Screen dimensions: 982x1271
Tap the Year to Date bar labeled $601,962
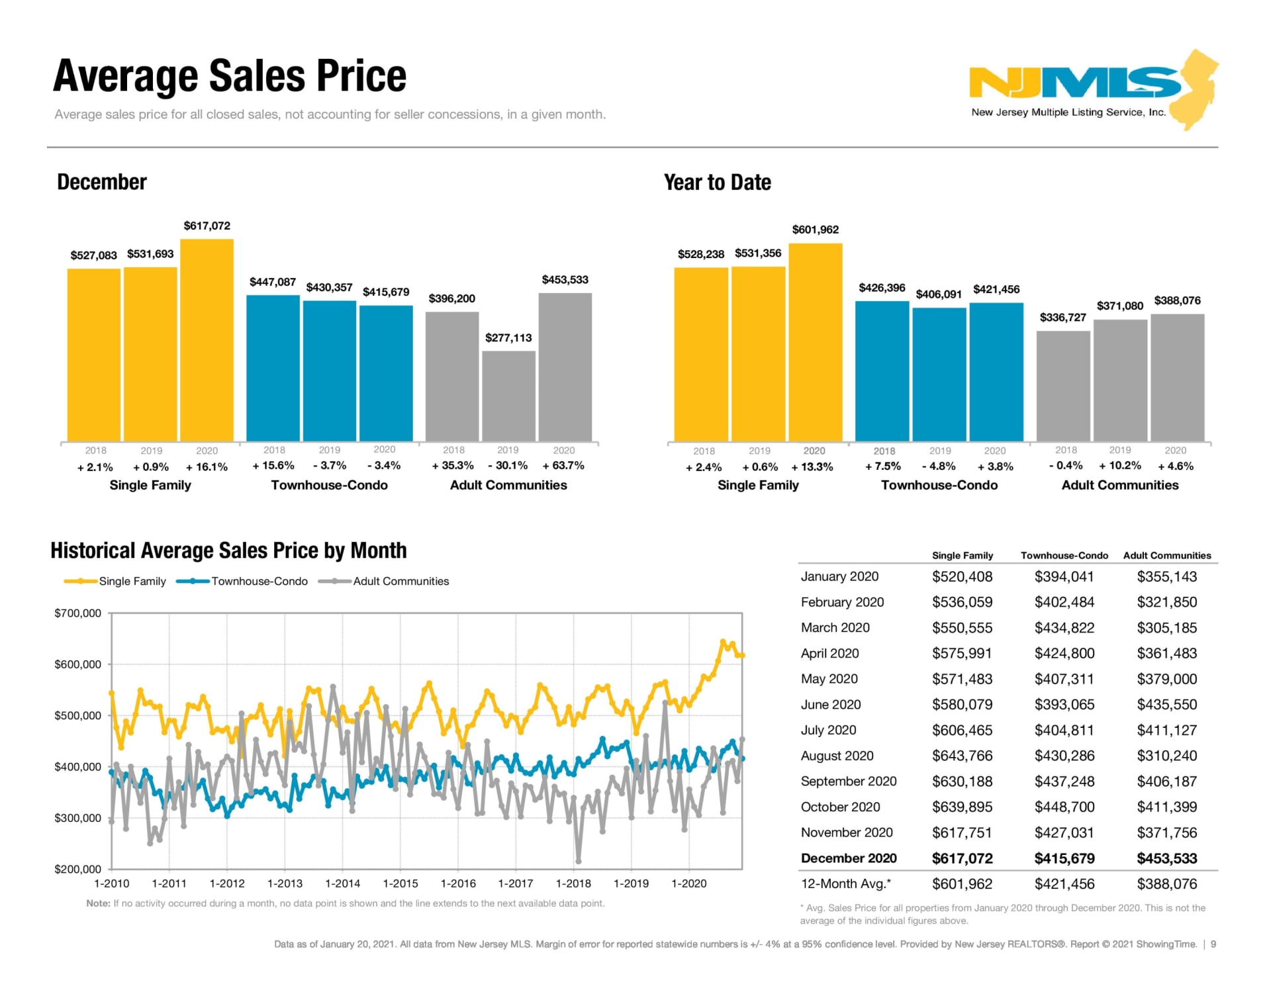click(x=815, y=342)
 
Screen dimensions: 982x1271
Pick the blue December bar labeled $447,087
click(x=273, y=368)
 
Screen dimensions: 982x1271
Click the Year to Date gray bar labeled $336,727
click(x=1062, y=386)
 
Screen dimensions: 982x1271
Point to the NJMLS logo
click(x=1092, y=89)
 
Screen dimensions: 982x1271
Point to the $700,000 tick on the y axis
click(x=78, y=613)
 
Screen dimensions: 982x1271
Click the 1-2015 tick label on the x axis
click(x=400, y=883)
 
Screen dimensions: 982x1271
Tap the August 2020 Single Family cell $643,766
click(x=962, y=756)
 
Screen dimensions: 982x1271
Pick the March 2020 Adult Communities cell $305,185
click(x=1166, y=627)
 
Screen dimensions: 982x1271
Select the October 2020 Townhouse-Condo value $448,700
click(x=1064, y=807)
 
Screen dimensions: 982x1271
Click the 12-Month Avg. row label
click(x=845, y=883)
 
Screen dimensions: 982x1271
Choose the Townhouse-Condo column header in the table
click(x=1064, y=555)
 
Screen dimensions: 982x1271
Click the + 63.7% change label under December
click(x=563, y=465)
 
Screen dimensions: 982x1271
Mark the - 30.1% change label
click(x=508, y=465)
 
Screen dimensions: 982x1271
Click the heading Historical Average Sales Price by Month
click(x=228, y=550)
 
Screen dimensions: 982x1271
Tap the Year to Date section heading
click(x=717, y=182)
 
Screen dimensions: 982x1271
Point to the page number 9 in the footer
click(x=1213, y=944)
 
